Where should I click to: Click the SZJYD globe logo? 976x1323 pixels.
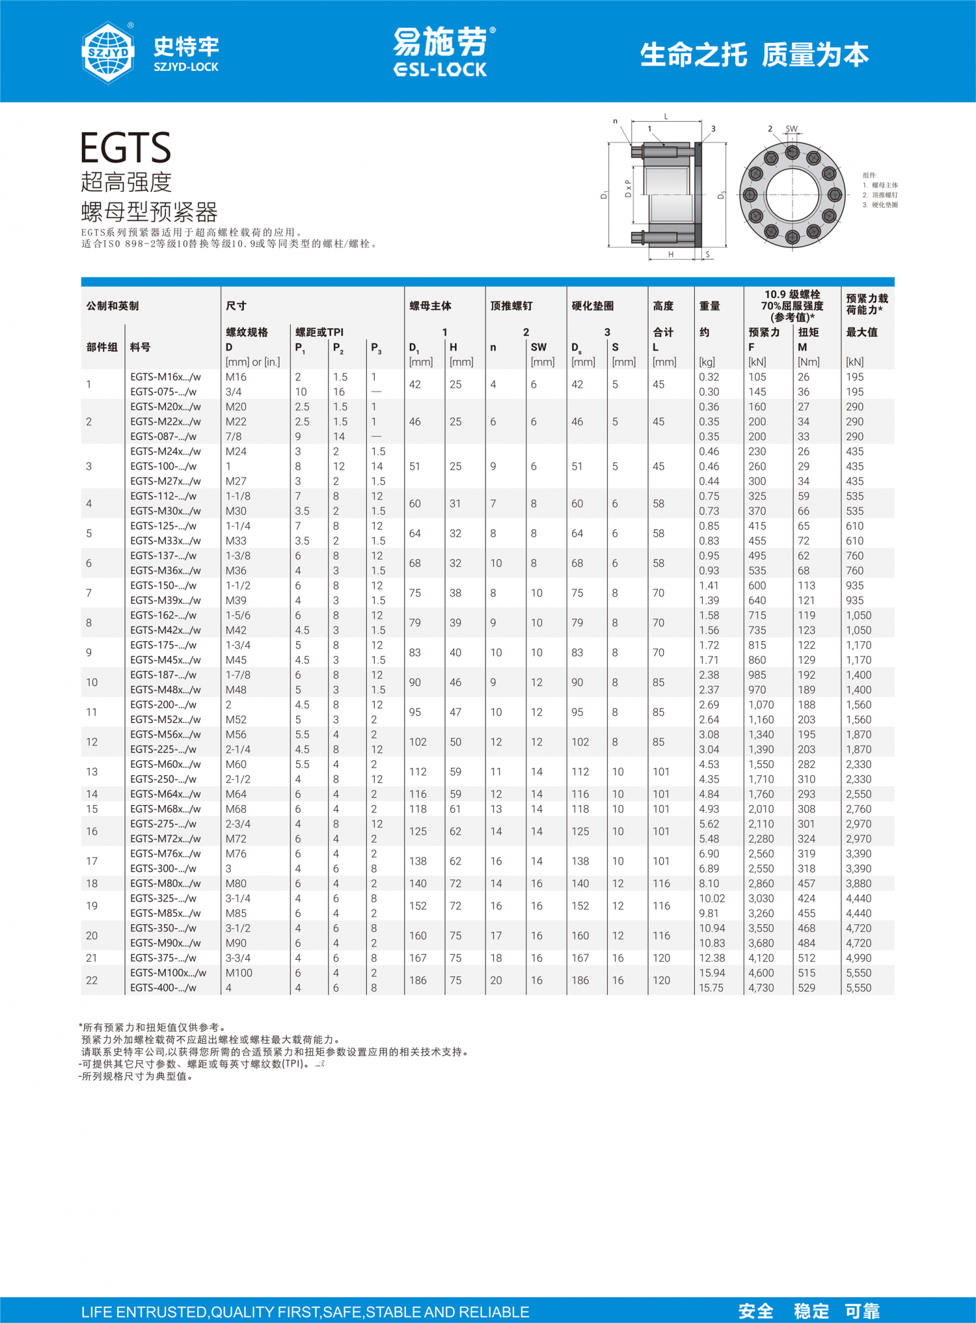(x=108, y=52)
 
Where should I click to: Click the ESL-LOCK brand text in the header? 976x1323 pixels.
(x=440, y=69)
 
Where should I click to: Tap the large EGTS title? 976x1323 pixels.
(x=126, y=148)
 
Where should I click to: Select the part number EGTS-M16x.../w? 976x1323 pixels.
(x=165, y=377)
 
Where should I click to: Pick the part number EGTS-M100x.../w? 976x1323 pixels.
(x=168, y=973)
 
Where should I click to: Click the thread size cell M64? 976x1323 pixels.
(x=236, y=794)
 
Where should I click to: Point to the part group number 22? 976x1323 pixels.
(x=92, y=980)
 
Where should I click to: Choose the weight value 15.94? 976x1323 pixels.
(x=712, y=973)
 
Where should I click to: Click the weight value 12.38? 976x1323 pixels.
(x=712, y=958)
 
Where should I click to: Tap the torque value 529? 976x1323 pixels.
(x=807, y=988)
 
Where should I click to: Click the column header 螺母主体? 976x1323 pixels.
(x=430, y=306)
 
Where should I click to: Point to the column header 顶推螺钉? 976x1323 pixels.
(x=511, y=306)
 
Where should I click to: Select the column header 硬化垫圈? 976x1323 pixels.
(x=592, y=306)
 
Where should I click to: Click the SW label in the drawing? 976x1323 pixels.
(x=792, y=129)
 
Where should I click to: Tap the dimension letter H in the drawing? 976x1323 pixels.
(x=671, y=255)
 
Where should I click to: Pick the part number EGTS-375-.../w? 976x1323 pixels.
(x=163, y=958)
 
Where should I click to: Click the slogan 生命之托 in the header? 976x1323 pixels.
(x=694, y=55)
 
